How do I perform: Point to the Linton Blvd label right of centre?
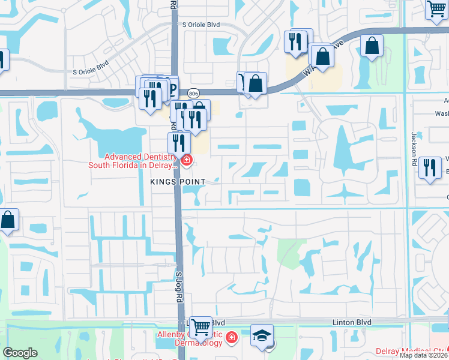(352, 323)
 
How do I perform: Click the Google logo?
(20, 353)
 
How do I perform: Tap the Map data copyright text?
(423, 355)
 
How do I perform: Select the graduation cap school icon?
(262, 337)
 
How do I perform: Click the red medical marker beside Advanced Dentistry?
(187, 160)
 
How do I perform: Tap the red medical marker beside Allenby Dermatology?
(232, 340)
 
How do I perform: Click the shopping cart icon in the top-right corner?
(436, 9)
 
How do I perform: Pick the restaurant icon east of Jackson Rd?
(430, 167)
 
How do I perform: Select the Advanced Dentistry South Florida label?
(132, 160)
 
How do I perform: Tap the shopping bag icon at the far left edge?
(9, 220)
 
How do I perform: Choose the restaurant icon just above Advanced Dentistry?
(178, 143)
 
